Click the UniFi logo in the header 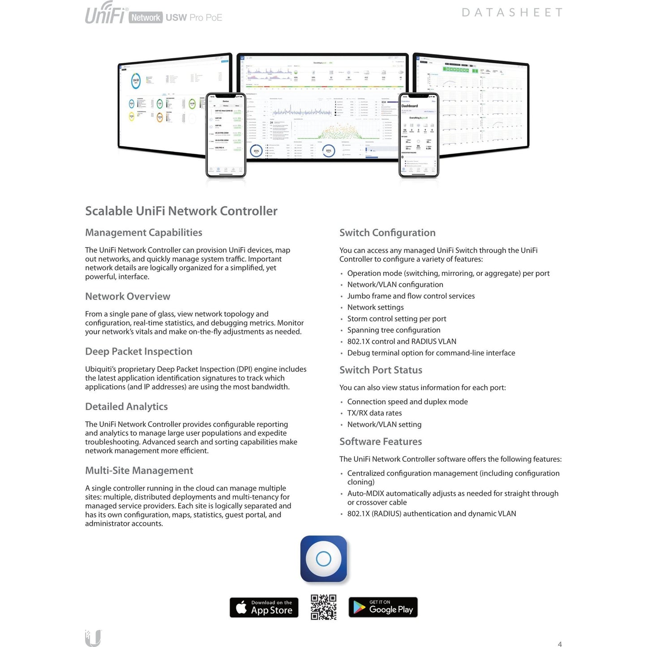pyautogui.click(x=106, y=13)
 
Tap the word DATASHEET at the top pyautogui.click(x=512, y=13)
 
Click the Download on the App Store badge pyautogui.click(x=264, y=607)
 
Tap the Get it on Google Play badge pyautogui.click(x=383, y=607)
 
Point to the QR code pyautogui.click(x=323, y=607)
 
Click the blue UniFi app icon pyautogui.click(x=323, y=558)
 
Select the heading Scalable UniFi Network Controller pyautogui.click(x=181, y=211)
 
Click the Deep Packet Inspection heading pyautogui.click(x=138, y=351)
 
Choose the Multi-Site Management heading pyautogui.click(x=139, y=471)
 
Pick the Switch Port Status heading pyautogui.click(x=381, y=370)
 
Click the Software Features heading pyautogui.click(x=380, y=441)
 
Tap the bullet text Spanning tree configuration pyautogui.click(x=394, y=330)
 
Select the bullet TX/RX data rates pyautogui.click(x=374, y=413)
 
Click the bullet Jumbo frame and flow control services pyautogui.click(x=411, y=296)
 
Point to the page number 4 pyautogui.click(x=559, y=644)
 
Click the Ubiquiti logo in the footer pyautogui.click(x=93, y=638)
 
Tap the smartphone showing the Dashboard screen pyautogui.click(x=418, y=135)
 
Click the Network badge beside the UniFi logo pyautogui.click(x=146, y=17)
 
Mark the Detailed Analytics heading pyautogui.click(x=126, y=407)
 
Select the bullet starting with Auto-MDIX pyautogui.click(x=452, y=497)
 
